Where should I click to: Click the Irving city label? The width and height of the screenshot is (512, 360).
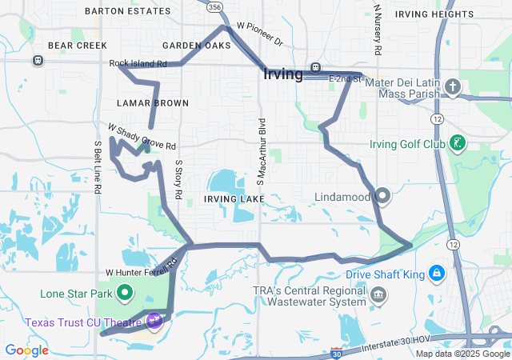282,75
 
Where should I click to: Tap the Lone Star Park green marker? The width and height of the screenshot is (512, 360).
124,294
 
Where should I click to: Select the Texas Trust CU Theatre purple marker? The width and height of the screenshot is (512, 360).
154,322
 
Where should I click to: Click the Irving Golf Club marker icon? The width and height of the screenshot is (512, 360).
456,144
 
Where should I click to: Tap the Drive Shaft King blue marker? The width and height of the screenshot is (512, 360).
437,274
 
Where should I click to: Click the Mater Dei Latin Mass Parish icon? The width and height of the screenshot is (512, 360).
452,86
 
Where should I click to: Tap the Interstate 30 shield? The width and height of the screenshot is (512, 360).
337,353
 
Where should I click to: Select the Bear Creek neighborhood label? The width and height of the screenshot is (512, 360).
72,46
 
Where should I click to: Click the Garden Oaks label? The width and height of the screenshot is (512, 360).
196,46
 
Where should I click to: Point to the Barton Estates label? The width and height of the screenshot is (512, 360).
127,11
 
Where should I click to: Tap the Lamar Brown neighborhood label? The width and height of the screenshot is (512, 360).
152,103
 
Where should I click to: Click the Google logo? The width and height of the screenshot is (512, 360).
26,350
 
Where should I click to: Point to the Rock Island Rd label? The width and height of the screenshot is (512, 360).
138,63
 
